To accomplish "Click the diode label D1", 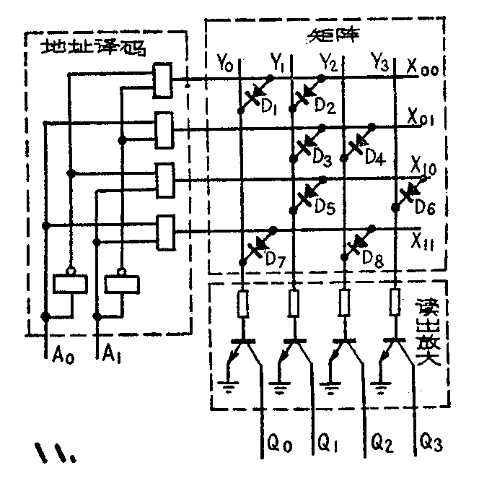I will [269, 110].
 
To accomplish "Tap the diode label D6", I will [423, 208].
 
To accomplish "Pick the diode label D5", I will [325, 208].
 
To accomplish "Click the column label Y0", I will [226, 66].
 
